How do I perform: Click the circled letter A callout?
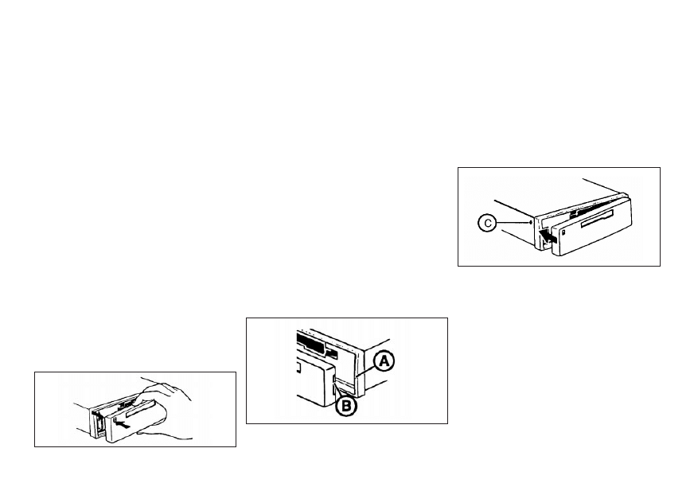click(x=384, y=362)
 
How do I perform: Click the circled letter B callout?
click(x=346, y=406)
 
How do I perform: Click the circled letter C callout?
click(x=487, y=223)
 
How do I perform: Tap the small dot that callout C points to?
click(x=530, y=222)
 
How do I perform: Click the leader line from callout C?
click(x=513, y=223)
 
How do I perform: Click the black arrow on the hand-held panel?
click(x=125, y=425)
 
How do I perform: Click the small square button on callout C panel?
click(x=563, y=233)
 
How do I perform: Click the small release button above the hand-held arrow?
click(x=115, y=419)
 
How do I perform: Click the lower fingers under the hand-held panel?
click(x=164, y=431)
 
